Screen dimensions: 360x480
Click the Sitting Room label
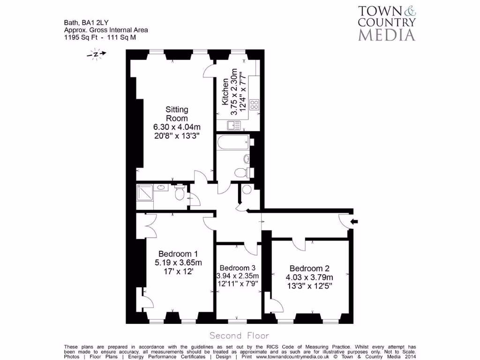(177, 113)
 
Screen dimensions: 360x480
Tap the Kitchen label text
(225, 92)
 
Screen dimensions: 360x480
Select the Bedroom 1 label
(178, 254)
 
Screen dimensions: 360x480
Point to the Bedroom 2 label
(309, 268)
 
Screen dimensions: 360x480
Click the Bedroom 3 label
(238, 267)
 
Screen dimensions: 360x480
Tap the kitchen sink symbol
(233, 125)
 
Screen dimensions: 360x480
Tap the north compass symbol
(96, 54)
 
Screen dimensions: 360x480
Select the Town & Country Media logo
(386, 22)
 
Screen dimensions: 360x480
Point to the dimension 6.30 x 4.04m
(177, 127)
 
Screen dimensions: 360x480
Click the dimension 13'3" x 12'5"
(309, 286)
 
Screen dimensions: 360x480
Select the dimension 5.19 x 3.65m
(178, 262)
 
